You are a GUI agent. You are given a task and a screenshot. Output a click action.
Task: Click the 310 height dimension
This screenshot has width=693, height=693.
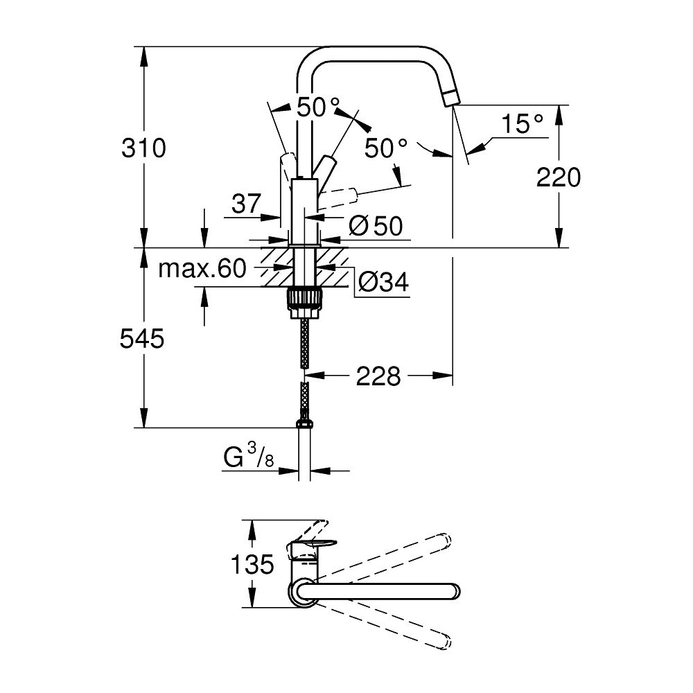(143, 148)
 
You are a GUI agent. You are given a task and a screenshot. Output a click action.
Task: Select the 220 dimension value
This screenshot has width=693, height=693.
(558, 178)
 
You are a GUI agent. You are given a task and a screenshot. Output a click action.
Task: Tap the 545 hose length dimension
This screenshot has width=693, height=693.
(143, 339)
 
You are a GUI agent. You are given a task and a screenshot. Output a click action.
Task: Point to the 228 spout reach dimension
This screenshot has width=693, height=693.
(378, 376)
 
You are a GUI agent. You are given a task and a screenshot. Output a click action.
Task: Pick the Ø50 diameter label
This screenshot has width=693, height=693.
(375, 226)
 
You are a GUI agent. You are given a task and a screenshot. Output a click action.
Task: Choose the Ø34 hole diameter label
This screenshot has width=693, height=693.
(383, 281)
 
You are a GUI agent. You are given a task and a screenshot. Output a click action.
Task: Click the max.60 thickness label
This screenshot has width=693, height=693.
(202, 268)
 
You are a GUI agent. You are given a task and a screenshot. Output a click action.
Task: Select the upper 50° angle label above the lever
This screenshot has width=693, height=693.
(318, 107)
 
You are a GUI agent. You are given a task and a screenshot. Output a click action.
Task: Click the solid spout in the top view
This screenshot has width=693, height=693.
(388, 590)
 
